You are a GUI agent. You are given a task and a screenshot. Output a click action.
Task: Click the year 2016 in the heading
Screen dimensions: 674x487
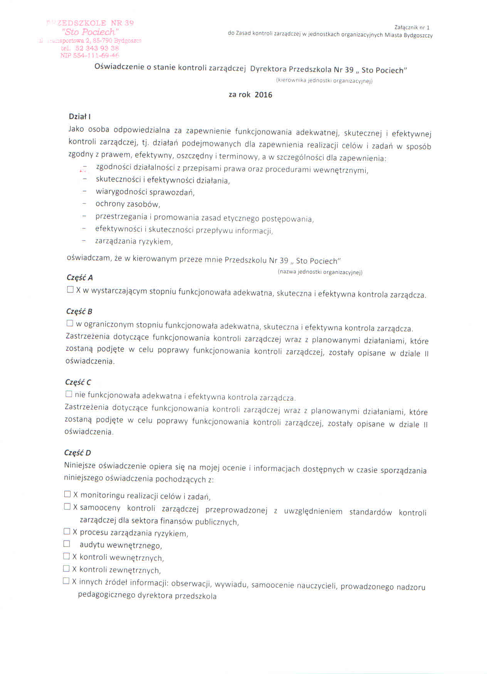pyautogui.click(x=263, y=95)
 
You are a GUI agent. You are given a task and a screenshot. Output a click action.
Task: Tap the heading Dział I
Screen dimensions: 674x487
pyautogui.click(x=79, y=117)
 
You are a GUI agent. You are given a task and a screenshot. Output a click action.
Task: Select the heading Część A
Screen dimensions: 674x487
pyautogui.click(x=80, y=278)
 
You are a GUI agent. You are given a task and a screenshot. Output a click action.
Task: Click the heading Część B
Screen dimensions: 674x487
pyautogui.click(x=79, y=312)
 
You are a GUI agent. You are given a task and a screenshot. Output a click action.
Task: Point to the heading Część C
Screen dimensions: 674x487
pyautogui.click(x=78, y=382)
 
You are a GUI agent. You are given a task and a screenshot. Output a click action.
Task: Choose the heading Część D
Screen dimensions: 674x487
pyautogui.click(x=78, y=453)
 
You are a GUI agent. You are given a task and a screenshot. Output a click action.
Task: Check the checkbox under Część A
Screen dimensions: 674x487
pyautogui.click(x=70, y=290)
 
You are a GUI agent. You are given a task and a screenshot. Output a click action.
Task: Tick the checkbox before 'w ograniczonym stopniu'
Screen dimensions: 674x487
pyautogui.click(x=70, y=324)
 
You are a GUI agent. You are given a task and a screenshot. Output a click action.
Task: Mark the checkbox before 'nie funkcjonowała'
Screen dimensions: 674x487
pyautogui.click(x=69, y=394)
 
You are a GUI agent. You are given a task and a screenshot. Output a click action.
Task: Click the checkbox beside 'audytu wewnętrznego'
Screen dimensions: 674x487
pyautogui.click(x=67, y=544)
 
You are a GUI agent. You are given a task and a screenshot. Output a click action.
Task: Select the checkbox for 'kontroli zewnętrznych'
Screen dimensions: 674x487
pyautogui.click(x=66, y=569)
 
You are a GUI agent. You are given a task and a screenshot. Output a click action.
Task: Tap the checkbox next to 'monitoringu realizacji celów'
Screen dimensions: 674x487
pyautogui.click(x=67, y=494)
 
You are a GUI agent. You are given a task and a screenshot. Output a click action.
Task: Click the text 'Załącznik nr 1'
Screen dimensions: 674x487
pyautogui.click(x=412, y=28)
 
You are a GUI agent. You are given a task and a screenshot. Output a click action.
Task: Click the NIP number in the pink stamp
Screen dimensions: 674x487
pyautogui.click(x=90, y=55)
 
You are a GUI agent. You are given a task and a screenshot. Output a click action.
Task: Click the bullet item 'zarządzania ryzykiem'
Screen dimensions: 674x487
pyautogui.click(x=134, y=242)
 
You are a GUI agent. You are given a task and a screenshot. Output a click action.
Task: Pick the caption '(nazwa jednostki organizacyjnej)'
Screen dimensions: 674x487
pyautogui.click(x=320, y=272)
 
